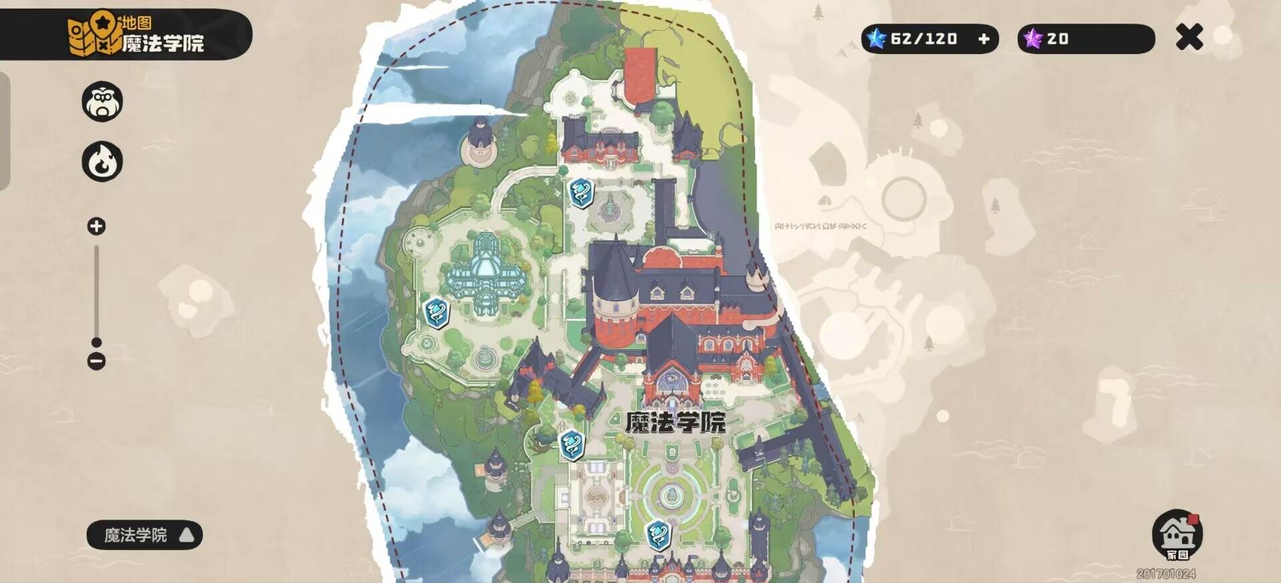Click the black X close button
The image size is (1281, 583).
tap(1189, 37)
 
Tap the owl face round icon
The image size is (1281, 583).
tap(102, 102)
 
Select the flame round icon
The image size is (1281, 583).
tap(102, 162)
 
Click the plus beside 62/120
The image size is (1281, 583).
tap(983, 39)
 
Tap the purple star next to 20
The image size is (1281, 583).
tap(1033, 39)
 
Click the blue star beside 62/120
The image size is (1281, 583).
tap(876, 39)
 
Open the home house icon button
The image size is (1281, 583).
tap(1177, 534)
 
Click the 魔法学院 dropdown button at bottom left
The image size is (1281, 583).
tap(144, 535)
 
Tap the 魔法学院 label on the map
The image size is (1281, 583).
tap(675, 422)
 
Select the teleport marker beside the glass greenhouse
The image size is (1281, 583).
tap(437, 313)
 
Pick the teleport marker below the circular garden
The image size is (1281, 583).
tap(658, 535)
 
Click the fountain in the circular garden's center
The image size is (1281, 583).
tap(670, 495)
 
